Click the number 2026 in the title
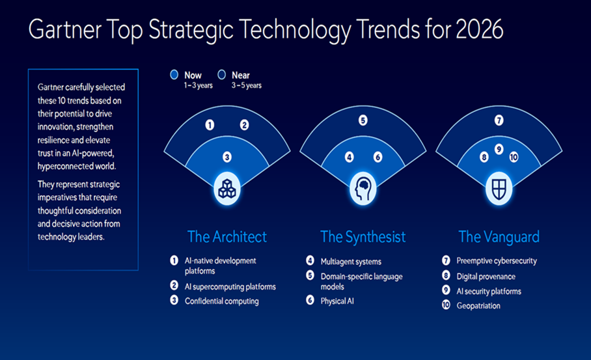click(479, 29)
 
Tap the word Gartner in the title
click(65, 29)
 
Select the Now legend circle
click(174, 75)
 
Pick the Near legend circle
click(221, 75)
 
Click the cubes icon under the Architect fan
click(227, 189)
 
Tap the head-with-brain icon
click(363, 189)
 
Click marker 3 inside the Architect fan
click(227, 157)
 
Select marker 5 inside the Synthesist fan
click(363, 120)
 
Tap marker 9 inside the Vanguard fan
click(499, 149)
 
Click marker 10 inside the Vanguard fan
click(514, 157)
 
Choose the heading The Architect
click(227, 237)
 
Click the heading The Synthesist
click(363, 237)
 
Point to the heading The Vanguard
click(499, 237)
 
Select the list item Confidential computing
click(221, 301)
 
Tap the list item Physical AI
click(337, 301)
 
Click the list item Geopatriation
click(478, 306)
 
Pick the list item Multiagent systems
click(351, 262)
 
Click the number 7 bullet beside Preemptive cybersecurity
click(446, 260)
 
